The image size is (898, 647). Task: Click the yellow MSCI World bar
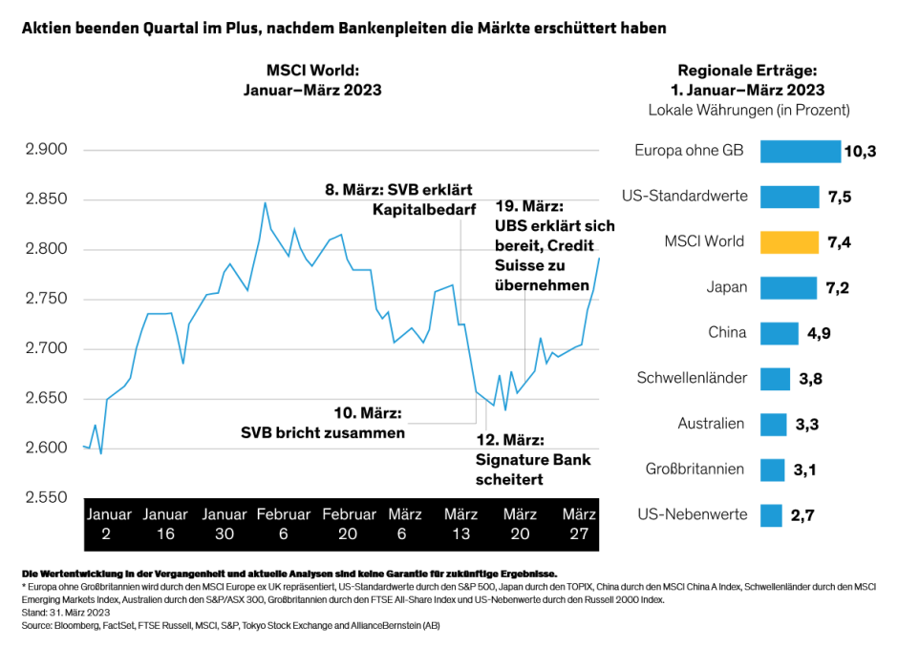click(789, 242)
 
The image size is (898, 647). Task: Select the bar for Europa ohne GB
click(801, 152)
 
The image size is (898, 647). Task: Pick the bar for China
click(779, 333)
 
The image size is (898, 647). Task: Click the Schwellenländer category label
click(692, 378)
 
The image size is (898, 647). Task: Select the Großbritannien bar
click(772, 470)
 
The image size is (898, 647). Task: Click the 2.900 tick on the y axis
click(48, 150)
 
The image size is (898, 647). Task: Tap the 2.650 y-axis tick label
click(48, 398)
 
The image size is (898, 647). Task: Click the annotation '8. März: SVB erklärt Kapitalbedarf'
click(399, 198)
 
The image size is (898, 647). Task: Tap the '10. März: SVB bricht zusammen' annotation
click(323, 423)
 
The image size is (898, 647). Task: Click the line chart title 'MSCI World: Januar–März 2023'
click(312, 80)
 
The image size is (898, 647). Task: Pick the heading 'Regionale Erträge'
click(748, 71)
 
